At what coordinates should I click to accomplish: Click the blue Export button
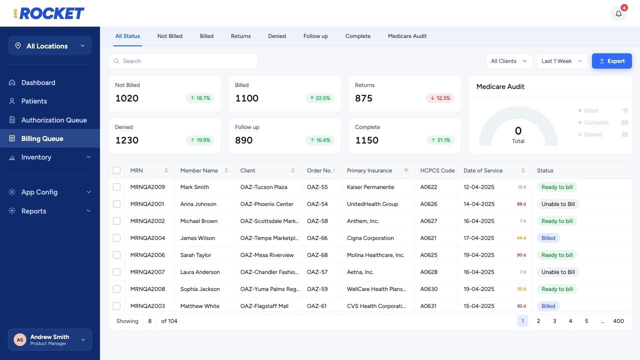coord(611,61)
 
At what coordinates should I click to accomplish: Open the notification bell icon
coord(618,13)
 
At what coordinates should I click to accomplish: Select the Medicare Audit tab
coord(407,36)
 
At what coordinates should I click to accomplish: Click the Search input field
coord(183,61)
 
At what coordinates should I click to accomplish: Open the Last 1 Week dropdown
coord(561,61)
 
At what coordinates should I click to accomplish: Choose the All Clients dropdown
coord(509,61)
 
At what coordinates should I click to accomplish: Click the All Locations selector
coord(50,45)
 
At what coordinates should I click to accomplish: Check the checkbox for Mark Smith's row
coord(116,187)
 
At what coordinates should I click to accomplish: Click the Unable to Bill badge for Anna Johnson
coord(558,204)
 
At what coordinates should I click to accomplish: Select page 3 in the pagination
coord(554,321)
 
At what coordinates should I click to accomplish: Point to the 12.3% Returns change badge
coord(440,98)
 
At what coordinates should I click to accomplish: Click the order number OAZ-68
coord(317,255)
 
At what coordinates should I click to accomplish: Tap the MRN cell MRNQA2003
coord(147,306)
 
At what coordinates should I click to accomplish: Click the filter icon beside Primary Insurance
coord(406,170)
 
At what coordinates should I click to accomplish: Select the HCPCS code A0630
coord(429,289)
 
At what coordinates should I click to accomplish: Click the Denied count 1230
coord(127,140)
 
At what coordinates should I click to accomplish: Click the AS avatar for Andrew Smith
coord(20,339)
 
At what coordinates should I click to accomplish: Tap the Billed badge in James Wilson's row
coord(548,238)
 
